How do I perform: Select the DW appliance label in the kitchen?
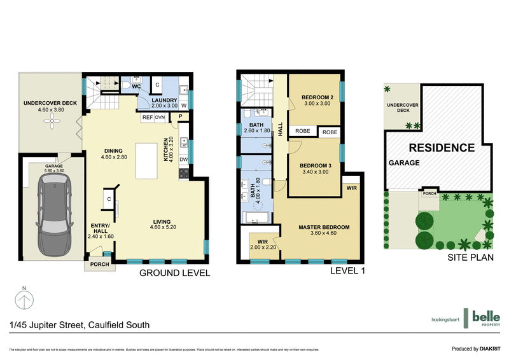point(183,160)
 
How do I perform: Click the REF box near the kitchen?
point(147,117)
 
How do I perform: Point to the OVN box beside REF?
point(160,117)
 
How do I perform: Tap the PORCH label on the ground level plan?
point(99,265)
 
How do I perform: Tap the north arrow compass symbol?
point(24,298)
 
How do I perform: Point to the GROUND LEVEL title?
point(175,273)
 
